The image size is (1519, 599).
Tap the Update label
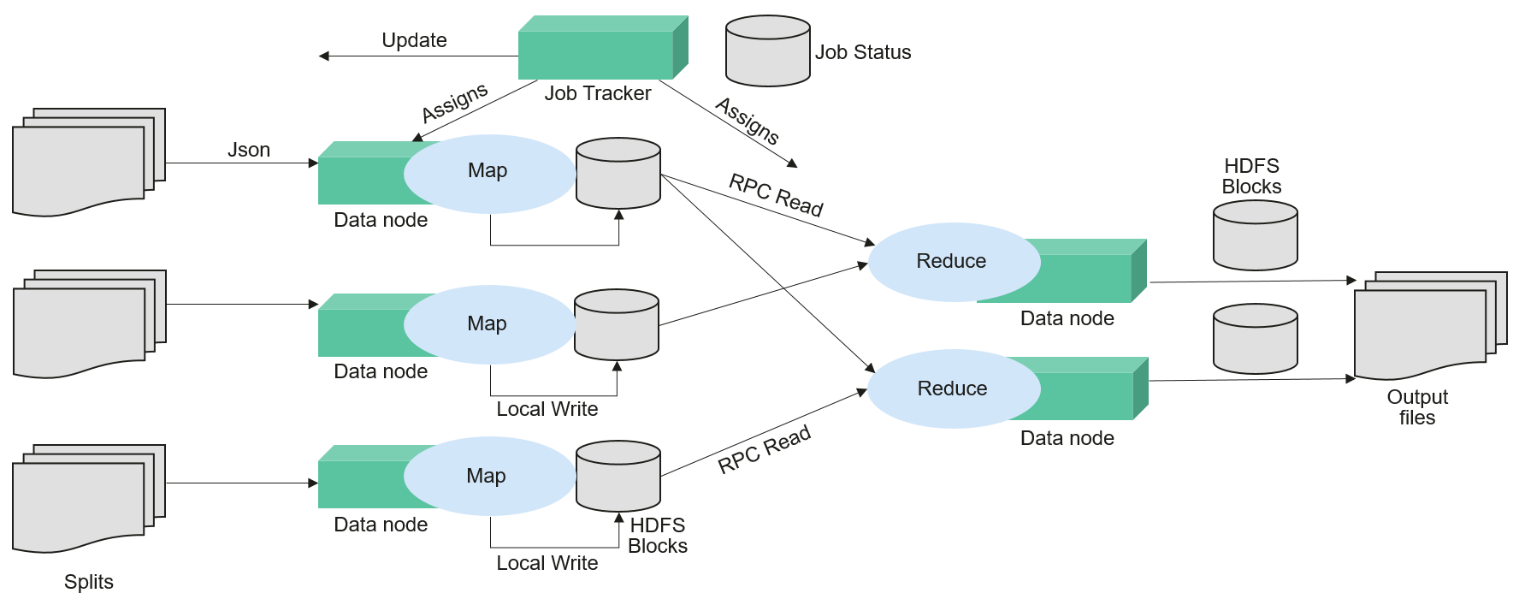click(414, 40)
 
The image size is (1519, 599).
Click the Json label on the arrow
click(249, 150)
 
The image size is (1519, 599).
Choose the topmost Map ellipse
click(488, 171)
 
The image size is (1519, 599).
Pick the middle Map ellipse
click(488, 323)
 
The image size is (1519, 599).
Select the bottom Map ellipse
click(487, 476)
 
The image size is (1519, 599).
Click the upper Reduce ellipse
click(952, 261)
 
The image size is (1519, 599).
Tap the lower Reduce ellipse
click(953, 388)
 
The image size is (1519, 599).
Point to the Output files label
click(1417, 407)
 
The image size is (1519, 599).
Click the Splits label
click(88, 582)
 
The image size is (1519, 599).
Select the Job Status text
click(863, 52)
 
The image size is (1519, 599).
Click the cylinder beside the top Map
click(618, 173)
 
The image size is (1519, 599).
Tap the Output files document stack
click(1428, 325)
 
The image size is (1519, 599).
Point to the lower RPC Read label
click(764, 450)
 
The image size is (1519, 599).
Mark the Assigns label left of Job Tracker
click(454, 102)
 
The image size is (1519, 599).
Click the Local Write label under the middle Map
click(547, 409)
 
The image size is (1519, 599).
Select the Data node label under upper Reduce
click(1067, 318)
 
